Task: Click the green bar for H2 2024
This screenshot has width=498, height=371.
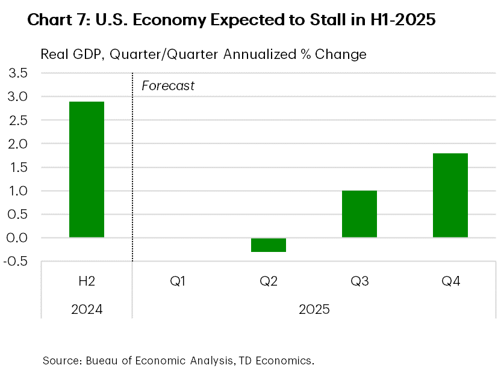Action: tap(87, 170)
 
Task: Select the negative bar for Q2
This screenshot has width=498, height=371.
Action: tap(269, 245)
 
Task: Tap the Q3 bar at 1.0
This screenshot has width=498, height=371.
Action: tap(359, 214)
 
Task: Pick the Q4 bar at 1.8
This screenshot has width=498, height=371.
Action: tap(450, 195)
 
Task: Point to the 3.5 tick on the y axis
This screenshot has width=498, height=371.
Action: tap(17, 73)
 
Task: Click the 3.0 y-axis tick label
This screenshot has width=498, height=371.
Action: tap(17, 97)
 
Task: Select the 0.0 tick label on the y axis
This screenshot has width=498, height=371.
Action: tap(17, 238)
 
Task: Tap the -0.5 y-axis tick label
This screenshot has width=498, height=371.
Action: tap(16, 262)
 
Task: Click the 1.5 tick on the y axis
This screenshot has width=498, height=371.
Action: tap(17, 167)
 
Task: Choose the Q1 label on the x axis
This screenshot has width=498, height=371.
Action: tap(178, 281)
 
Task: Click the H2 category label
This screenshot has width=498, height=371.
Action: tap(87, 281)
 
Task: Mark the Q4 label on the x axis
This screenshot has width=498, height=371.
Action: tap(450, 281)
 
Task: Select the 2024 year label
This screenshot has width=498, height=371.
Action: tap(87, 310)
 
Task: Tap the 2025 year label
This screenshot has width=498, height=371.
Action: tap(314, 310)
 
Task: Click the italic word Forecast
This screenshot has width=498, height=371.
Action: tap(168, 86)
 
